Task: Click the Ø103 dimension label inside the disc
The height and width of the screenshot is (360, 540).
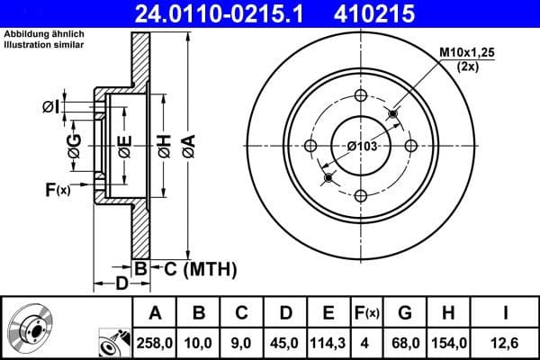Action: (x=362, y=146)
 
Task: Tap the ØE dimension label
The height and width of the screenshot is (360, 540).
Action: (x=125, y=144)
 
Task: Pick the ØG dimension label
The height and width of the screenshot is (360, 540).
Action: (x=75, y=145)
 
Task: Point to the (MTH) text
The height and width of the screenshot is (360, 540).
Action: (x=209, y=267)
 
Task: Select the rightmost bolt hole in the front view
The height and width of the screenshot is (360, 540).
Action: (x=411, y=146)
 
